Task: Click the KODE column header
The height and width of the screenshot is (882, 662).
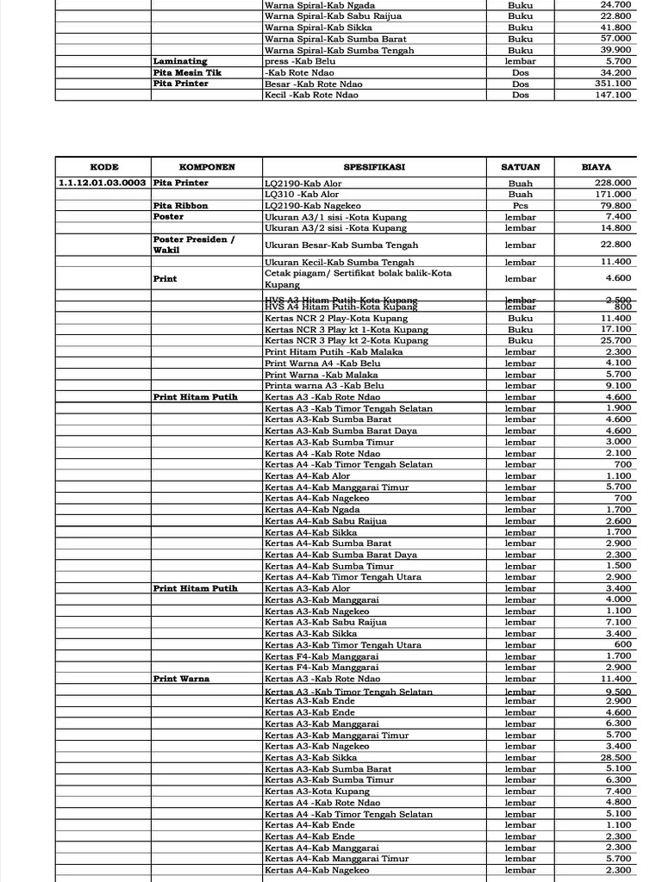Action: click(x=103, y=167)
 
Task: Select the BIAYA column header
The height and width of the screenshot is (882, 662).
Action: click(x=596, y=167)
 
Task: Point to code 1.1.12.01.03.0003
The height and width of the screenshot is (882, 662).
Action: click(x=103, y=183)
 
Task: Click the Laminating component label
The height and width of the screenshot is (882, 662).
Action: click(x=180, y=61)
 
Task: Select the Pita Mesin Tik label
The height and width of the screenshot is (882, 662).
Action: click(x=187, y=72)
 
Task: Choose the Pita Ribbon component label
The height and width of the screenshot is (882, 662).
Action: click(x=180, y=206)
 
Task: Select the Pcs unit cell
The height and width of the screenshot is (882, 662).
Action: click(x=520, y=206)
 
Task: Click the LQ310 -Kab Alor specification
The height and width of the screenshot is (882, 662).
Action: click(x=302, y=195)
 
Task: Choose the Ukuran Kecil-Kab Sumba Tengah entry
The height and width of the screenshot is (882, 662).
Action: click(x=340, y=262)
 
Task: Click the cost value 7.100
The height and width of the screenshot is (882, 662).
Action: click(x=619, y=622)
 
